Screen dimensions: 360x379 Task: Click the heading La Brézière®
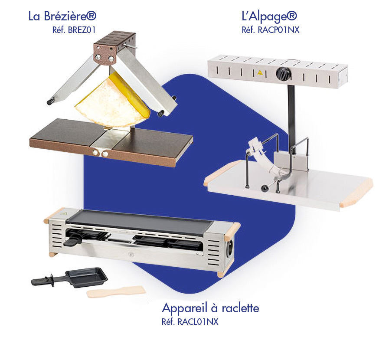point(62,16)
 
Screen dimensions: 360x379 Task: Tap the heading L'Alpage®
point(269,16)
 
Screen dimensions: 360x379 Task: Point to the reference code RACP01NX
point(270,30)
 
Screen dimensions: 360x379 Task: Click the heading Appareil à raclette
point(210,308)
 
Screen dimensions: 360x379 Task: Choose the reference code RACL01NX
point(190,322)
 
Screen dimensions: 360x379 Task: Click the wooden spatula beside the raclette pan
point(116,291)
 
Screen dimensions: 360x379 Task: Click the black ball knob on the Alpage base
point(264,189)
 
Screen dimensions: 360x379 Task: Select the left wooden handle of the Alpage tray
point(222,171)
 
